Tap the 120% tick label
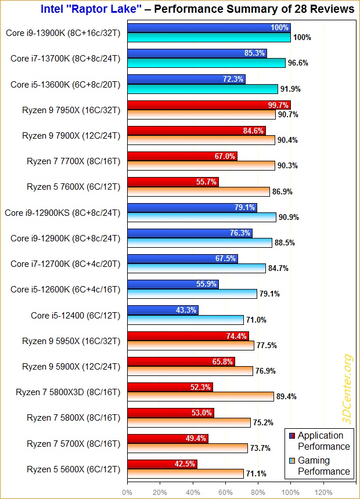[x=323, y=492]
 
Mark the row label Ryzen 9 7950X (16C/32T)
[x=71, y=110]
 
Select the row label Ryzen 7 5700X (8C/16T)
[x=73, y=443]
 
